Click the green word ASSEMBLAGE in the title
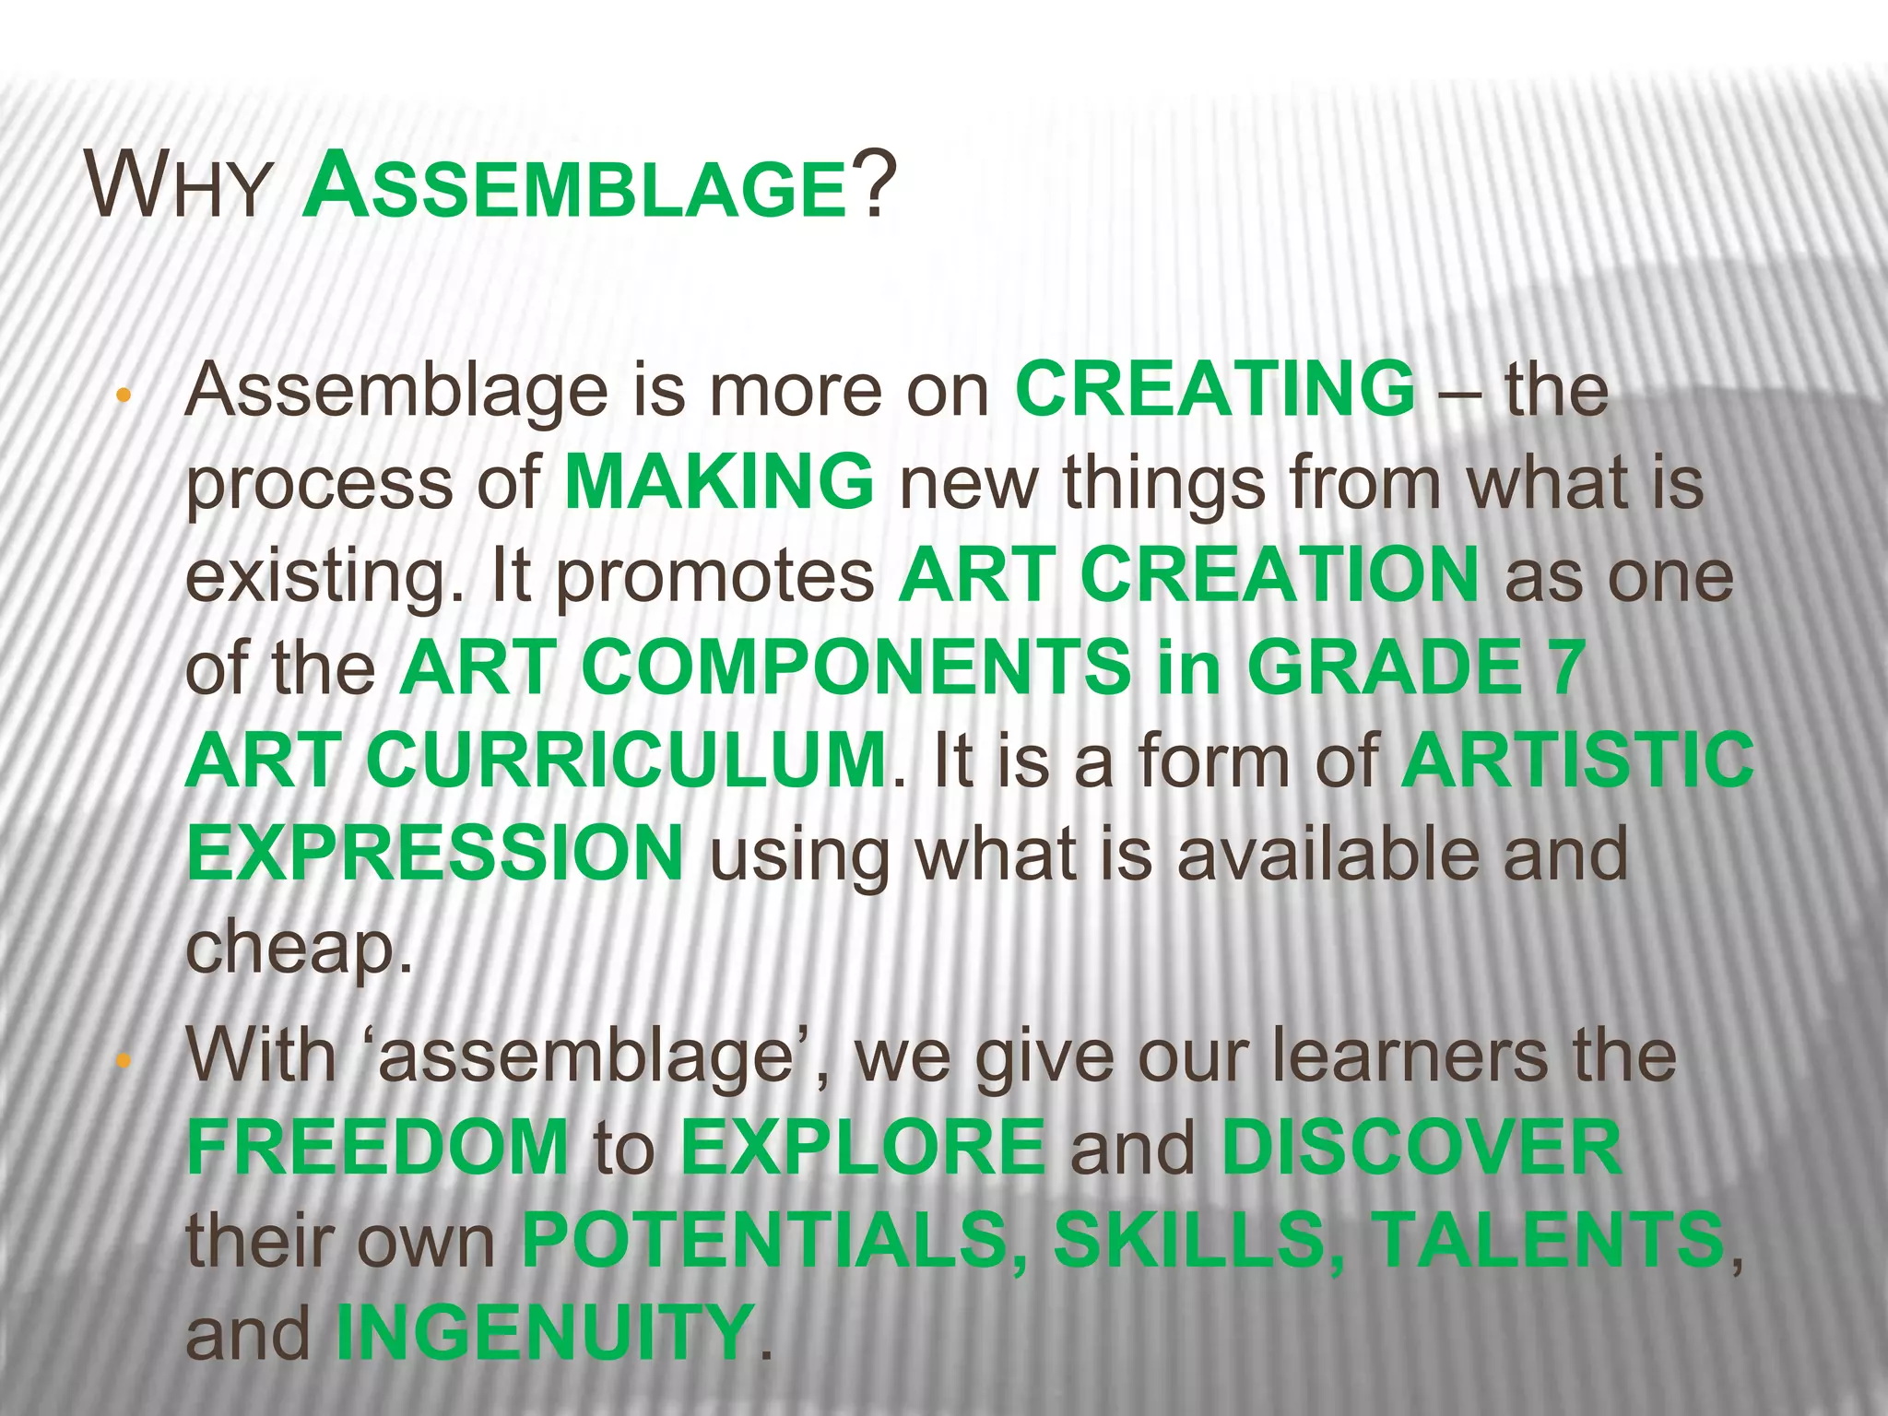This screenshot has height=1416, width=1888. point(574,187)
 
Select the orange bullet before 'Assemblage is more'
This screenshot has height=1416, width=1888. point(122,397)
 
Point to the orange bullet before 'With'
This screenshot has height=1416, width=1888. point(122,1063)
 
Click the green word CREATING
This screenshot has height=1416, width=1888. point(1215,390)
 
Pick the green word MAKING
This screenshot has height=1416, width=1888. point(718,482)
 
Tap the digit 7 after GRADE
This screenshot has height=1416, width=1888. point(1565,667)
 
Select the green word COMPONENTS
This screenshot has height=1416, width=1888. point(856,667)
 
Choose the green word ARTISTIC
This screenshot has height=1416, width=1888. point(1577,761)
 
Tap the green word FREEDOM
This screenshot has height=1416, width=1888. point(377,1148)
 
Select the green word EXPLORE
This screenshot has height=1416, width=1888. point(863,1148)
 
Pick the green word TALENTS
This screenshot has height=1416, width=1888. point(1547,1241)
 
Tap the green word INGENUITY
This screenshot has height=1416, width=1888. point(544,1333)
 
